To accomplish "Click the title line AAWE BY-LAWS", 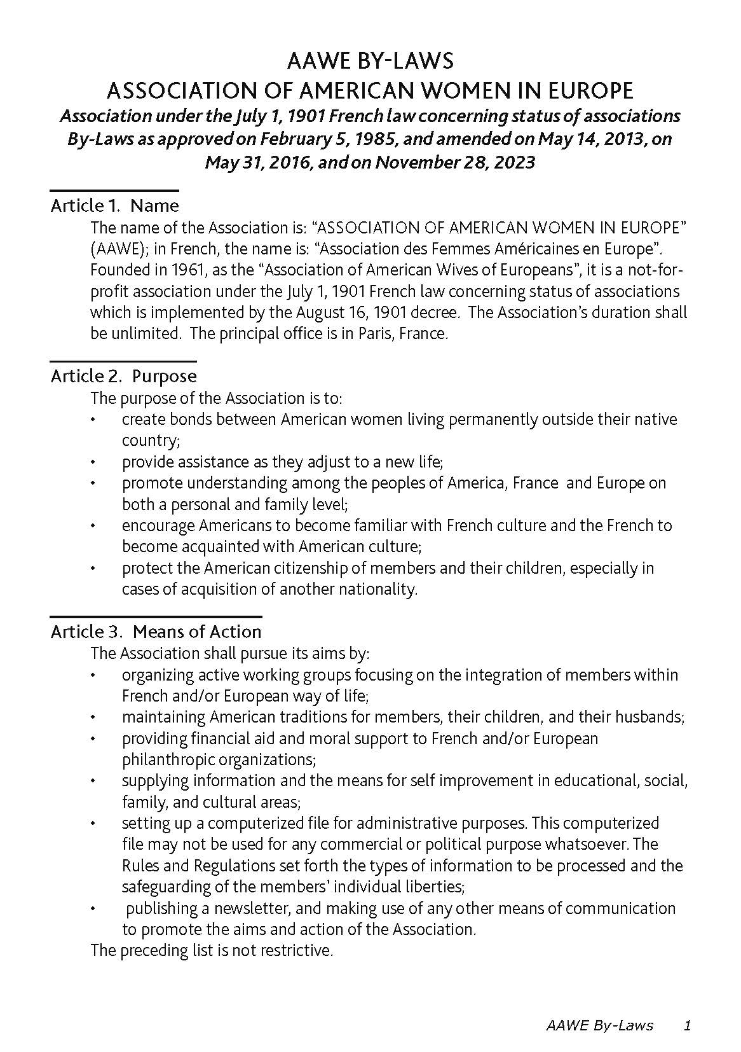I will pos(370,61).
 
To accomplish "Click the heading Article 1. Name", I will pos(114,205).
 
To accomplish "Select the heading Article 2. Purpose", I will pos(123,376).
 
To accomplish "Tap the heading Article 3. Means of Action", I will pos(156,632).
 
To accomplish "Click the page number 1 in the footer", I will pos(686,1025).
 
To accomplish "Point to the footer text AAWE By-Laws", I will pos(599,1025).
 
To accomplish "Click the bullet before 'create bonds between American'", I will pos(93,420).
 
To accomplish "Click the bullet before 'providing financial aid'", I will pos(93,739).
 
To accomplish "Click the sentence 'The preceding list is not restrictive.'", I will pos(212,951).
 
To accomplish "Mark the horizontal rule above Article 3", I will pos(156,616).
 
